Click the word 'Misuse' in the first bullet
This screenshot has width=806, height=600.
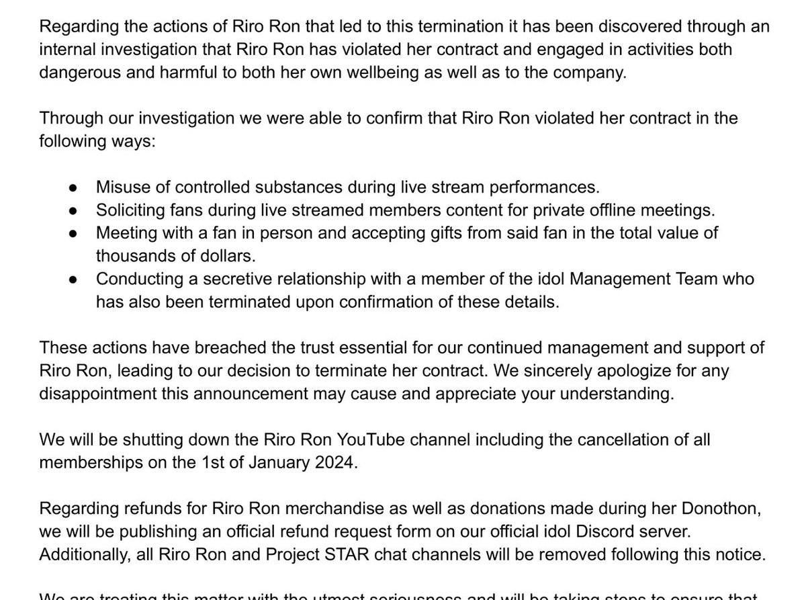120,186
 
